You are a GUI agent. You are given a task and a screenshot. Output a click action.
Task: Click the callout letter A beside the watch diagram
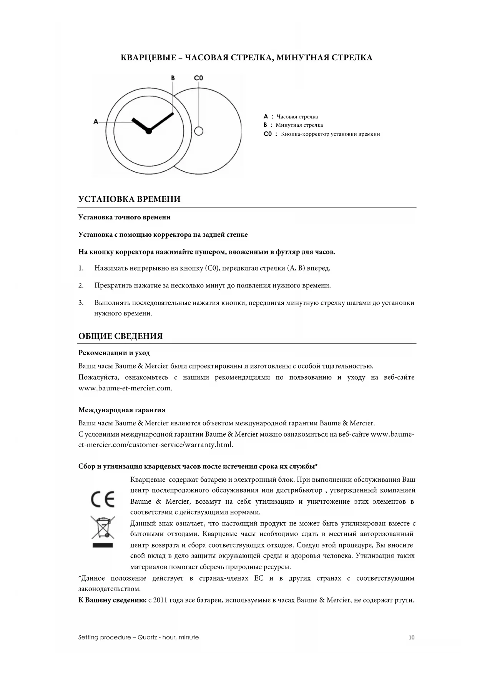(96, 121)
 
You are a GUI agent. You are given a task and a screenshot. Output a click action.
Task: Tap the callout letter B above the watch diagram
(173, 78)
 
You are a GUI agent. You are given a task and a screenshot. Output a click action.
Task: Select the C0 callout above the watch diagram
(198, 78)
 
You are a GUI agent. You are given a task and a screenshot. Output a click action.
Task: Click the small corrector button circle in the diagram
(198, 131)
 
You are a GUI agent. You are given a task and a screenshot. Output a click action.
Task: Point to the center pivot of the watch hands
(149, 131)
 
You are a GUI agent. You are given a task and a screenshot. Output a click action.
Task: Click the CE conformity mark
(102, 499)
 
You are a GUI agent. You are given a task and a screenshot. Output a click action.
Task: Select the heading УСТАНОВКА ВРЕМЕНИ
(129, 199)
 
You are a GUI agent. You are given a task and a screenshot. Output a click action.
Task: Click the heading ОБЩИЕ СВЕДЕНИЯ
(120, 336)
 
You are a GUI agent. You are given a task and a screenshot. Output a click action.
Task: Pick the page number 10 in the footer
(411, 637)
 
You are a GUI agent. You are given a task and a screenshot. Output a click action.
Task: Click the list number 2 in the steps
(81, 286)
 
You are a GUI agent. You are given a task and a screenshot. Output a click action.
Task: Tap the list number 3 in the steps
(81, 303)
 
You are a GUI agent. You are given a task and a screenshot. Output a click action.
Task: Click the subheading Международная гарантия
(122, 410)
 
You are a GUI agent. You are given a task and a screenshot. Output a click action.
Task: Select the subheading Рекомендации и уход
(114, 353)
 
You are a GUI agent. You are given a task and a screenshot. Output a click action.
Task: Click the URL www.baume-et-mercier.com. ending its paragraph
(125, 388)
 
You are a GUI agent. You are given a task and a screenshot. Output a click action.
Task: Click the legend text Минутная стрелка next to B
(299, 125)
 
